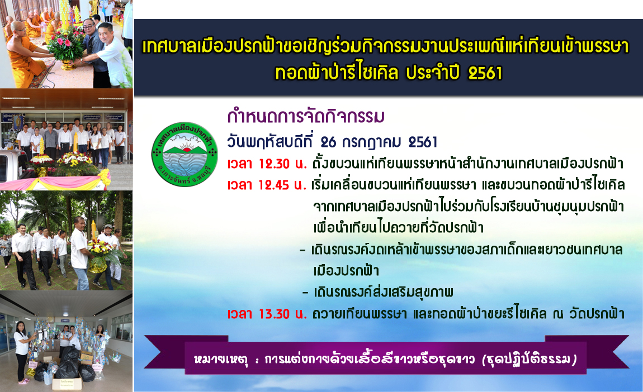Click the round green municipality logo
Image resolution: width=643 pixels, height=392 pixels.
(185, 154)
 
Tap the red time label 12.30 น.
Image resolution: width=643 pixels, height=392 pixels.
(267, 164)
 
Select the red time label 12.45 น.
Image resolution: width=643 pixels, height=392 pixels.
(267, 185)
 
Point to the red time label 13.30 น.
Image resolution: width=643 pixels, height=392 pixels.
(267, 314)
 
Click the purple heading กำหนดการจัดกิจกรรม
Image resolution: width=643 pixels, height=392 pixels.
(306, 116)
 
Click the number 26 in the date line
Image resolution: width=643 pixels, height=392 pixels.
(328, 142)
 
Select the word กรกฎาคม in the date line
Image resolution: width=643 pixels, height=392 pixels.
(371, 142)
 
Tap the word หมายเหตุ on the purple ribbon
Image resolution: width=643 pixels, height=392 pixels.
(221, 360)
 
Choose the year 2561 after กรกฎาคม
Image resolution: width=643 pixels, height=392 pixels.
(423, 142)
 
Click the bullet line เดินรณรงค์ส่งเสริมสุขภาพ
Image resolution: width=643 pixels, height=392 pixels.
(383, 293)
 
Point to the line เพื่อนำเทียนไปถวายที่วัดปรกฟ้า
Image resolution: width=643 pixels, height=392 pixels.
(398, 228)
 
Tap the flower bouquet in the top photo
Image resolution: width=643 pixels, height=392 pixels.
(65, 45)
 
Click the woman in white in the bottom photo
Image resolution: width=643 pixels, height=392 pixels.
(22, 353)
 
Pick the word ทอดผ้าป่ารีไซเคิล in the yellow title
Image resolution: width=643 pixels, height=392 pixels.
(337, 73)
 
